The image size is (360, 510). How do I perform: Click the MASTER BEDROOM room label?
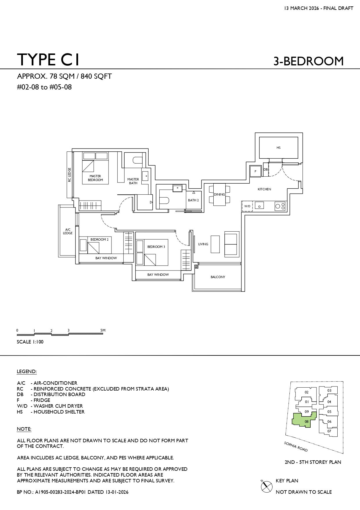tap(95, 178)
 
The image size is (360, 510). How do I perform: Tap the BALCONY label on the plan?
tap(218, 277)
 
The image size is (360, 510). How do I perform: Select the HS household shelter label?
tap(278, 148)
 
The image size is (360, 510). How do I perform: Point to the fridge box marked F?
tap(255, 171)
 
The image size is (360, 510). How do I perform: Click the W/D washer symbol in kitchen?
tap(247, 206)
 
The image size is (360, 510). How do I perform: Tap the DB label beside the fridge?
tap(266, 169)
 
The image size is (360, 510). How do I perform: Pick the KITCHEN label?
tap(264, 189)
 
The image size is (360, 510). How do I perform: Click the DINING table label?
tap(219, 194)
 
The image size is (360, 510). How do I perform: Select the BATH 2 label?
tap(193, 200)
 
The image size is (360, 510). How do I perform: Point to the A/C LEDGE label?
tap(68, 231)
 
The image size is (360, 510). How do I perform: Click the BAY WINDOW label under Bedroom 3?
tap(158, 275)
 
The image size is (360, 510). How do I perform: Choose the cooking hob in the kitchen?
tap(280, 206)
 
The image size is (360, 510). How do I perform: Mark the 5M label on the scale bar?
tap(103, 330)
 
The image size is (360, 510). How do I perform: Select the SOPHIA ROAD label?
tap(296, 447)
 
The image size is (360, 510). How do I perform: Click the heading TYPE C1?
tap(48, 60)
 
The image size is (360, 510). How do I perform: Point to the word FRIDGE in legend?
tap(42, 400)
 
